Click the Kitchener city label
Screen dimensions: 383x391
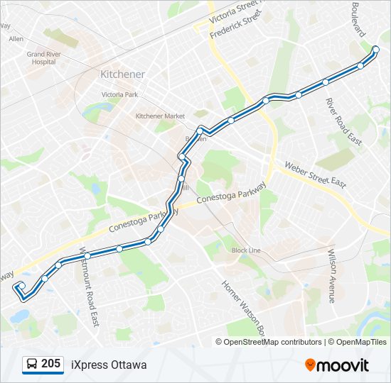(122, 74)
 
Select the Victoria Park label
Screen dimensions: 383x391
(119, 94)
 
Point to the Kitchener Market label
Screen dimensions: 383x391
(160, 116)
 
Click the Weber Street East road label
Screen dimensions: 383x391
(315, 174)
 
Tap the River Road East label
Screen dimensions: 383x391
(343, 122)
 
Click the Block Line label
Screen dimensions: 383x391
(246, 250)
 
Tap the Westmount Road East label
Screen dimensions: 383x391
(90, 287)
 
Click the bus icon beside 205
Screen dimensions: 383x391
(32, 365)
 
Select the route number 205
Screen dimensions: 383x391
(50, 364)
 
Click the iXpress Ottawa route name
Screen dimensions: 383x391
(109, 365)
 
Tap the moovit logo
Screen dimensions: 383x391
(337, 365)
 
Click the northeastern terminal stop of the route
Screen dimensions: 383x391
(376, 49)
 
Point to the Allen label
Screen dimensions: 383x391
(16, 39)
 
